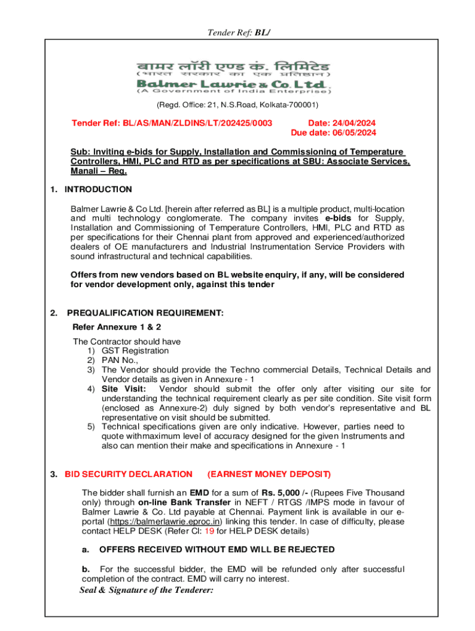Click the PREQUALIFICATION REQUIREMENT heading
(145, 314)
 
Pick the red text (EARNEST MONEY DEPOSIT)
(269, 474)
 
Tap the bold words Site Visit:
(123, 389)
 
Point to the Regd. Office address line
(238, 105)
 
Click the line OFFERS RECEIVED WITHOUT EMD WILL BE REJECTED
(217, 549)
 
